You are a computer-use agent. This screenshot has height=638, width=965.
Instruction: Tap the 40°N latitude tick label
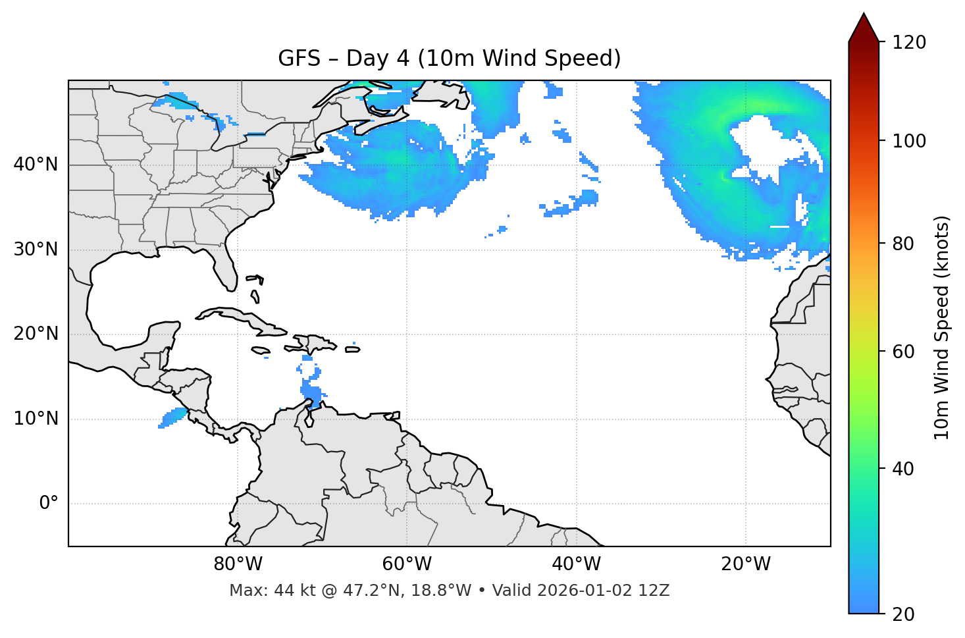click(x=36, y=165)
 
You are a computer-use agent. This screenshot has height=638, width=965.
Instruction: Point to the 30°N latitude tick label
click(x=36, y=250)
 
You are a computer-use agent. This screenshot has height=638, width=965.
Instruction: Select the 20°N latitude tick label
click(x=36, y=334)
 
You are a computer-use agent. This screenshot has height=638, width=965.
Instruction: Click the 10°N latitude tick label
click(x=36, y=419)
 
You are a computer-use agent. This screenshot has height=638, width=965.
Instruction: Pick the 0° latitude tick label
click(x=49, y=504)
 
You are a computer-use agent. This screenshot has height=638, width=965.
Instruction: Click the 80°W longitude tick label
click(x=238, y=564)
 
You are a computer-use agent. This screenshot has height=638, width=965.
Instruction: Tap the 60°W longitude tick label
click(x=407, y=564)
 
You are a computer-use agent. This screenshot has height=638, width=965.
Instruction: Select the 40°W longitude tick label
click(x=576, y=564)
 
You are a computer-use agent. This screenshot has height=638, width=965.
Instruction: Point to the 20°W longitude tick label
click(x=745, y=564)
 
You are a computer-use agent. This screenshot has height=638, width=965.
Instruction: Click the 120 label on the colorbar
click(x=909, y=43)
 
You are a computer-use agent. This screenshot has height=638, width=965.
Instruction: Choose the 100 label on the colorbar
click(x=909, y=141)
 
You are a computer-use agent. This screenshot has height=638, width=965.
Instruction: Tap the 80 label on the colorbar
click(x=902, y=244)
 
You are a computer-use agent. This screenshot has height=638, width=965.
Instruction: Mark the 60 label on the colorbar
click(x=902, y=352)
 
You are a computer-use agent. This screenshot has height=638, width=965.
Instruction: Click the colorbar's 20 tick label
click(x=902, y=614)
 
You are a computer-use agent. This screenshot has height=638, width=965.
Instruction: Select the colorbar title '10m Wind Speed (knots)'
click(x=942, y=327)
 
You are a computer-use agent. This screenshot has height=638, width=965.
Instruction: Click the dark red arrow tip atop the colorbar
click(x=864, y=25)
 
